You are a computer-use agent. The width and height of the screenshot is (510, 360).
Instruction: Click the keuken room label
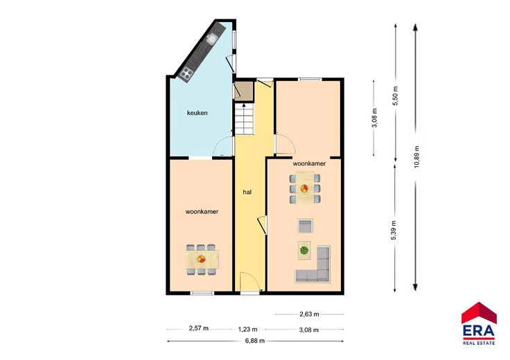(x=197, y=113)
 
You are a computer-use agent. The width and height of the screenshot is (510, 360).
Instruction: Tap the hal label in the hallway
(x=247, y=192)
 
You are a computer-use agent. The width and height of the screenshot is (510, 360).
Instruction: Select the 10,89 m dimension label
(x=417, y=156)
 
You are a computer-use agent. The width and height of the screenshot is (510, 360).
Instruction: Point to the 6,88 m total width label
(x=255, y=341)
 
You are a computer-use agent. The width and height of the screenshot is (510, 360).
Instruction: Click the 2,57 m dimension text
(x=199, y=328)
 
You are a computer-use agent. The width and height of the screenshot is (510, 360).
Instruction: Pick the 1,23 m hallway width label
(x=247, y=330)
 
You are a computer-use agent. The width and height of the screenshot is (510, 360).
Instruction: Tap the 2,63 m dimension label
(x=309, y=314)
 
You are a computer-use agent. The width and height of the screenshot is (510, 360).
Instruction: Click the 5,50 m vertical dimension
(x=396, y=96)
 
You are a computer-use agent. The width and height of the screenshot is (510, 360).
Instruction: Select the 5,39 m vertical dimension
(x=394, y=231)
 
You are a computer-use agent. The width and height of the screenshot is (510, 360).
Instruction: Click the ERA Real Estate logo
(x=479, y=323)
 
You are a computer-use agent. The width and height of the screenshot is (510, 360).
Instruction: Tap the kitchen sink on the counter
(x=211, y=39)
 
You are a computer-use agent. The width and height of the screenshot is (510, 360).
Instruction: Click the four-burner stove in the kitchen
(x=186, y=73)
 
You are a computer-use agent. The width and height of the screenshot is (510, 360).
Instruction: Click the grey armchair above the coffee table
(x=305, y=226)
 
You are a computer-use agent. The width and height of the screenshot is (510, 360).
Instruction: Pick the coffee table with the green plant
(x=304, y=251)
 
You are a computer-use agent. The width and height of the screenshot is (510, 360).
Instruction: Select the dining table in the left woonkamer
(x=202, y=260)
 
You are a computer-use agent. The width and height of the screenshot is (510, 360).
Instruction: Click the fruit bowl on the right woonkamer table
(x=304, y=188)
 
